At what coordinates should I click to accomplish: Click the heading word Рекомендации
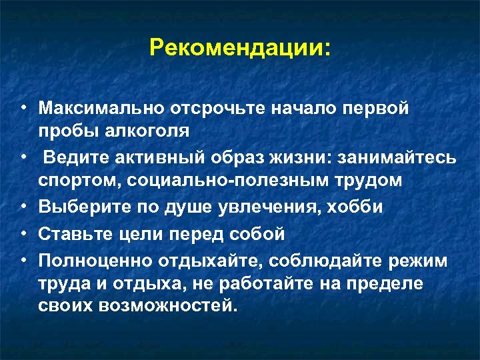click(237, 47)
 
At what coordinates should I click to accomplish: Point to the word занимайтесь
click(399, 157)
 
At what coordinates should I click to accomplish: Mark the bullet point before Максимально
click(23, 107)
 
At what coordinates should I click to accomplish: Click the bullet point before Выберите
click(23, 207)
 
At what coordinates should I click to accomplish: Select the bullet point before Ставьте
click(23, 234)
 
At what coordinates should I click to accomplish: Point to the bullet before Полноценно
click(23, 259)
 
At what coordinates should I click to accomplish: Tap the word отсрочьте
click(211, 107)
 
